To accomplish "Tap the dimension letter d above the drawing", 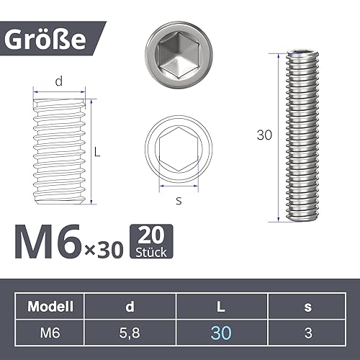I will coord(59,83).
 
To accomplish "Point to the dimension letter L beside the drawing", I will coord(97,152).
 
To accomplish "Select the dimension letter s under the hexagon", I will coord(179,201).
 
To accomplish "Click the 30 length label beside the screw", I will coord(266,135).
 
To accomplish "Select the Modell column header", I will coord(51,306).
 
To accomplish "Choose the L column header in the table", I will coord(222,306).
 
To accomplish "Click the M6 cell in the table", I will coord(51,332).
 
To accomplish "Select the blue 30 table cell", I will coord(222,332).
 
